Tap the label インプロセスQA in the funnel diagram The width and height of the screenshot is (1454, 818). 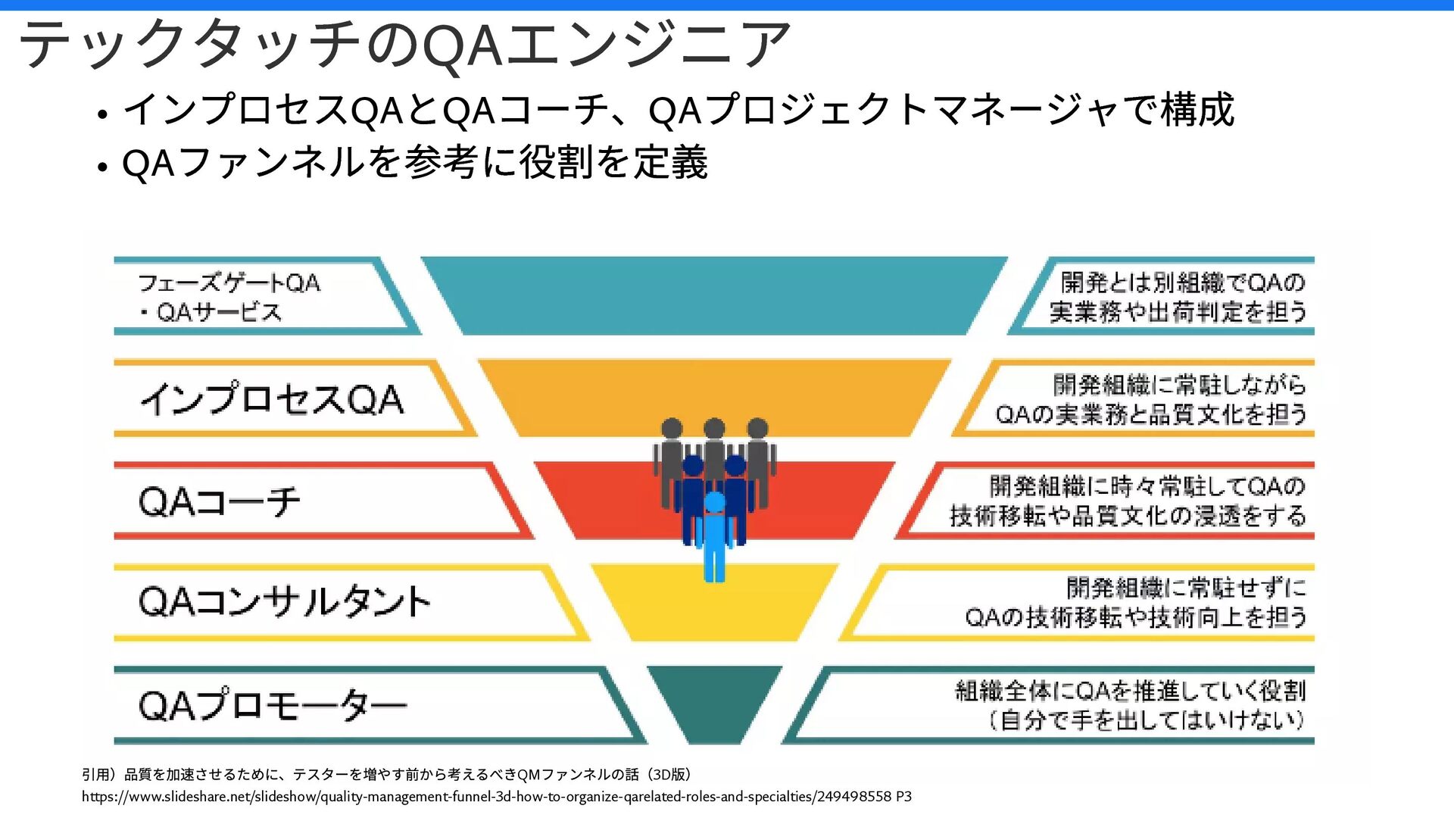coord(271,399)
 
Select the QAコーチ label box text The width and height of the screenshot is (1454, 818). coord(220,501)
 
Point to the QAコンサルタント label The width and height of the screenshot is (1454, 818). coord(285,603)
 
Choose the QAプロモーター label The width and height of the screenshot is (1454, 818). coord(273,705)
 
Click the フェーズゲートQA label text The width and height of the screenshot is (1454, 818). coord(229,283)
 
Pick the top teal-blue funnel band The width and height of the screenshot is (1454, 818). coord(713,295)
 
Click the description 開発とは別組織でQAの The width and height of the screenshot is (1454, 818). coord(1182,283)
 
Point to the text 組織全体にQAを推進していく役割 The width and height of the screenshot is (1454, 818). coord(1130,691)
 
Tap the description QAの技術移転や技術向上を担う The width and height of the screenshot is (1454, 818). coord(1136,617)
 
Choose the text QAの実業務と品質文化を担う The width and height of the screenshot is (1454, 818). coord(1151,414)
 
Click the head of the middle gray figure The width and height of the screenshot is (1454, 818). coord(714,429)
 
